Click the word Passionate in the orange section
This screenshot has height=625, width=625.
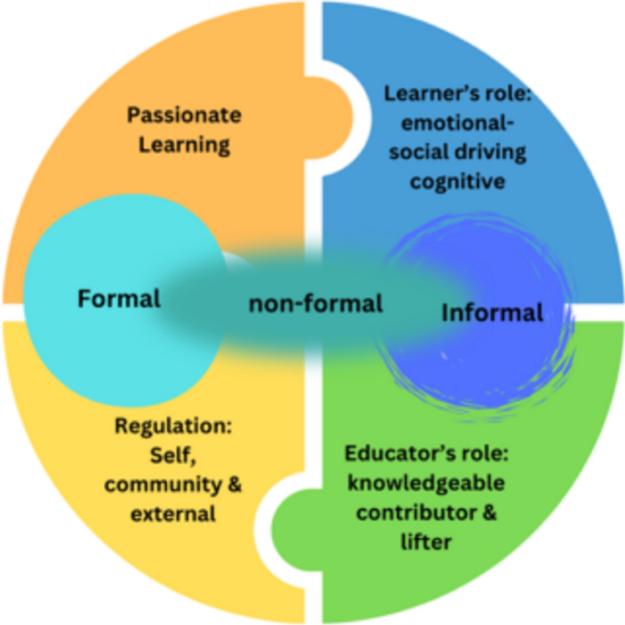tap(184, 116)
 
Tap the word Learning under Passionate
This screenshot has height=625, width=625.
tap(184, 144)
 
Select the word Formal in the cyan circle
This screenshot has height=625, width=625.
tap(119, 298)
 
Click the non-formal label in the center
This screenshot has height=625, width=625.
tap(316, 303)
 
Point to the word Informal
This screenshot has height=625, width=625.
tap(492, 312)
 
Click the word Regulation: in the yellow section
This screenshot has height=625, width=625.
tap(173, 426)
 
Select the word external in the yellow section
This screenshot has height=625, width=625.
tap(173, 514)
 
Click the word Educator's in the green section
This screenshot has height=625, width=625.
tap(393, 454)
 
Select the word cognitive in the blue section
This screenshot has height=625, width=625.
tap(457, 181)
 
